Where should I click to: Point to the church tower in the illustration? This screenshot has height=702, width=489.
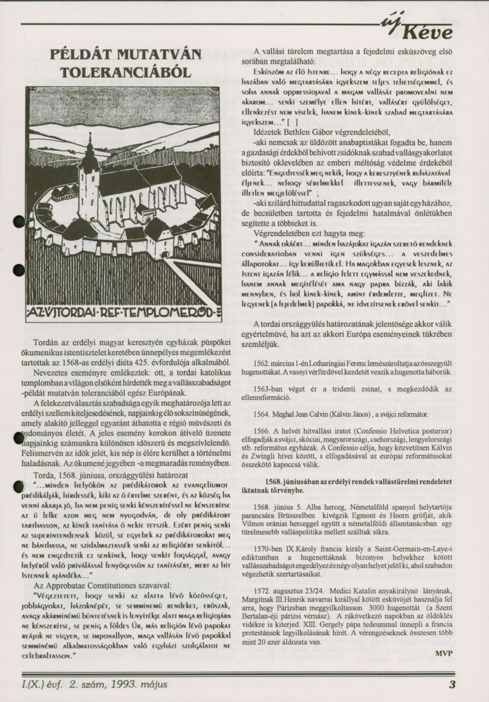(89, 175)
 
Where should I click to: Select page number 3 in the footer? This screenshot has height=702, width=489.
(452, 684)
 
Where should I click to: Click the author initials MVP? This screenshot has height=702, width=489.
(446, 651)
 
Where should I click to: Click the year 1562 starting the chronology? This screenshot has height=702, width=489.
(270, 363)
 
